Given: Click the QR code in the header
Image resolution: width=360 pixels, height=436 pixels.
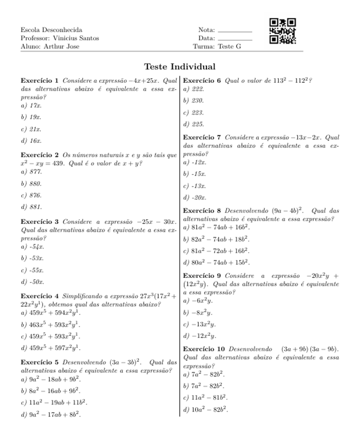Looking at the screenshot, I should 282,32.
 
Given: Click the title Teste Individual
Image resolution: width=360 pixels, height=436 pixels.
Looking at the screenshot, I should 180,66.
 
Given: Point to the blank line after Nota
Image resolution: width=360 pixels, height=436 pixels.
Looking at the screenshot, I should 234,30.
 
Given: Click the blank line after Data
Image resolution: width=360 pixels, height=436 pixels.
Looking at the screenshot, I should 234,39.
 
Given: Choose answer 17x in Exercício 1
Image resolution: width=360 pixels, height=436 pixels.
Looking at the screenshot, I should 36,105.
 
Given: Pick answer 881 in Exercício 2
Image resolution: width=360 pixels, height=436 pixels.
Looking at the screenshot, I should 35,206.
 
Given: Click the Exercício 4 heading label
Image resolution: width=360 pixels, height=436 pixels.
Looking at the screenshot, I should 40,296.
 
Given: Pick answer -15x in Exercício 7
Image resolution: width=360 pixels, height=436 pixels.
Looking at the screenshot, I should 199,173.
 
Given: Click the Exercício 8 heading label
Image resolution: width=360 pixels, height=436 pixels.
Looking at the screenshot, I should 203,210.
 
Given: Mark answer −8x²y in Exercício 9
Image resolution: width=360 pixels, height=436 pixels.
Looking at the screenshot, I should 202,312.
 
